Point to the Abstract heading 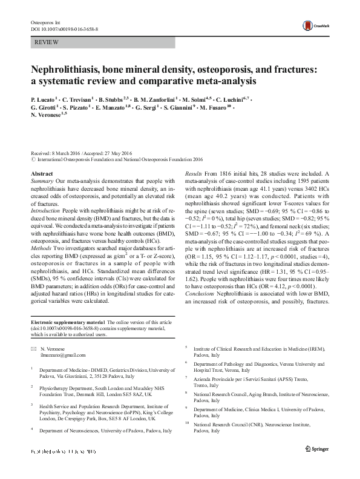point(42,173)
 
